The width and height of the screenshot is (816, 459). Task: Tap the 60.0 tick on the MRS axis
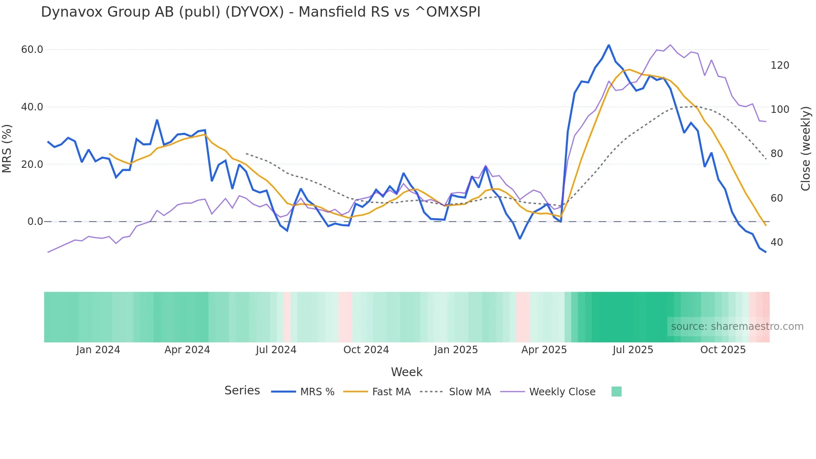click(32, 50)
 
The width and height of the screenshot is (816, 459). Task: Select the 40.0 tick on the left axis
click(32, 107)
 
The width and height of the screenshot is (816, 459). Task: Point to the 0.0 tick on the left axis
click(35, 222)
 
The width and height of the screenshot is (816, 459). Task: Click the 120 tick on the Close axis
click(780, 65)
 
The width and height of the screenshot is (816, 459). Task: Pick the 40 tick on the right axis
click(776, 242)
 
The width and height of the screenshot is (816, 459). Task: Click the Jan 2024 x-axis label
click(98, 350)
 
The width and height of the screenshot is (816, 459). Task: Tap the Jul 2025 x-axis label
click(633, 350)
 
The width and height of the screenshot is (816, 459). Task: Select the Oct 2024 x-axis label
click(366, 350)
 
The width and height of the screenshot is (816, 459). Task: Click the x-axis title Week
click(407, 372)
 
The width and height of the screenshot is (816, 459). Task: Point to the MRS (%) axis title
click(7, 149)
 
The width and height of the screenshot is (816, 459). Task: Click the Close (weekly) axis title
click(806, 149)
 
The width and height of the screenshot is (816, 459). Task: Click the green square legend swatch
click(616, 392)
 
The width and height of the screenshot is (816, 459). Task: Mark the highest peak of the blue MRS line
click(609, 45)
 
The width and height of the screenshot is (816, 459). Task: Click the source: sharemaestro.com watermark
click(737, 327)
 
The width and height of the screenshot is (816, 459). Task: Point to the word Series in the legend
click(242, 391)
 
